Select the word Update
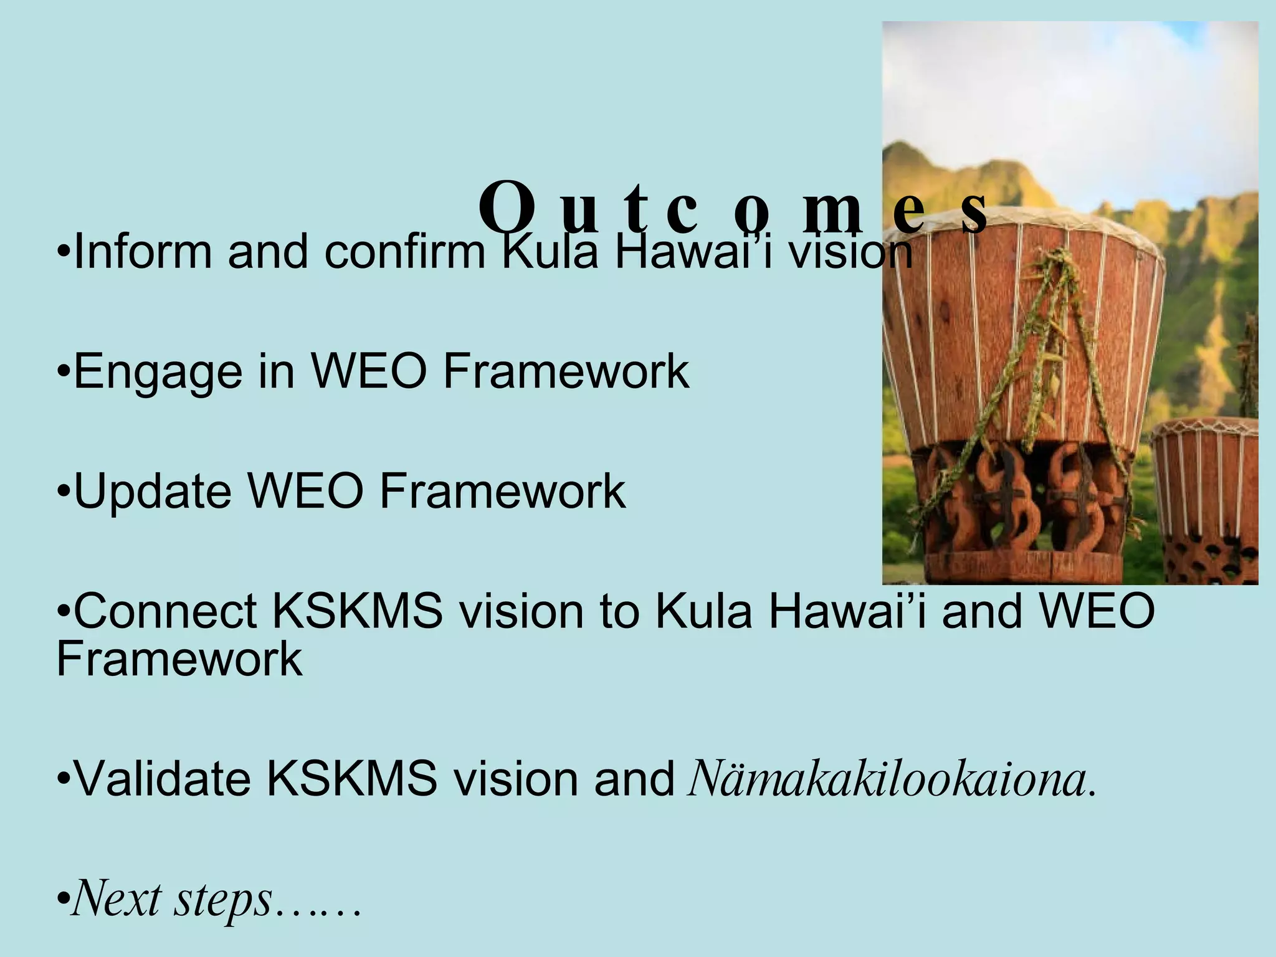[152, 492]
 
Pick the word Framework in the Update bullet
[502, 492]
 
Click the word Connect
[165, 611]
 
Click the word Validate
[162, 779]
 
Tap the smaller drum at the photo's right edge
[1206, 498]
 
